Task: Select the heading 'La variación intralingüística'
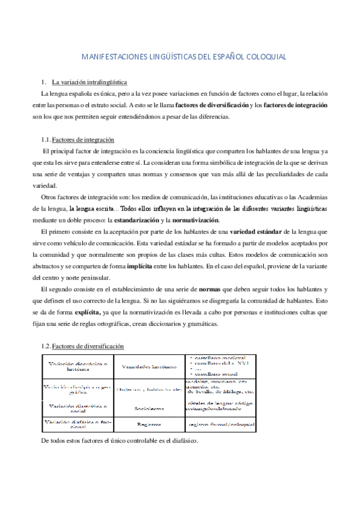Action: (x=89, y=82)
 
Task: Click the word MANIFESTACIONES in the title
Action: (x=111, y=57)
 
